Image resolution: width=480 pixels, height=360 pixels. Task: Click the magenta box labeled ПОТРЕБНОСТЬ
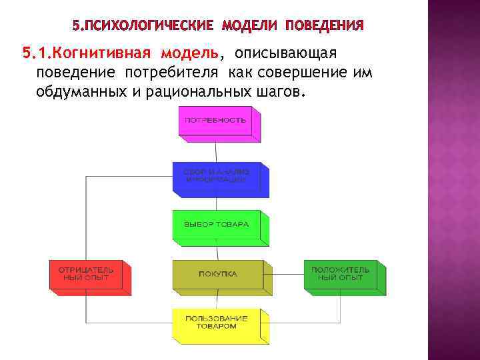pyautogui.click(x=215, y=121)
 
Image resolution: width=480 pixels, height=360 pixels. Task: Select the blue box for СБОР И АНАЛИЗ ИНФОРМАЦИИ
pyautogui.click(x=215, y=176)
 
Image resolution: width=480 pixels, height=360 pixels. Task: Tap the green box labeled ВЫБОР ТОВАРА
pyautogui.click(x=215, y=224)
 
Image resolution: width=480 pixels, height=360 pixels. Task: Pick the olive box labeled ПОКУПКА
pyautogui.click(x=215, y=274)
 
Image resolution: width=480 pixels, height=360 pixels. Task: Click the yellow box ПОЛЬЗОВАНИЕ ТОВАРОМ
pyautogui.click(x=215, y=322)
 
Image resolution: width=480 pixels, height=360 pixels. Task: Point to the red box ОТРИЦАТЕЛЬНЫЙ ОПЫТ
pyautogui.click(x=85, y=274)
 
